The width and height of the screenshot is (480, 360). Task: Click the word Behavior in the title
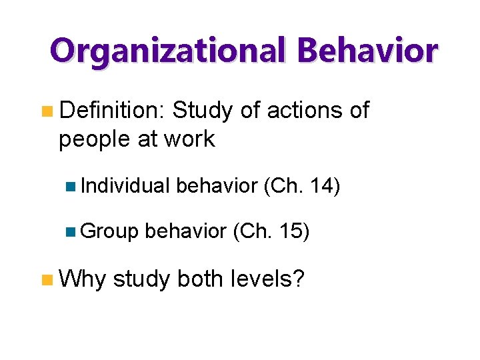367,51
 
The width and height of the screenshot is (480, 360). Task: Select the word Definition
112,111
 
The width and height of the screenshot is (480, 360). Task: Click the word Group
109,231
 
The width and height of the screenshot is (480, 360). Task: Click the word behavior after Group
185,231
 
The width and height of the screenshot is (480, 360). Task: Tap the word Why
82,279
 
